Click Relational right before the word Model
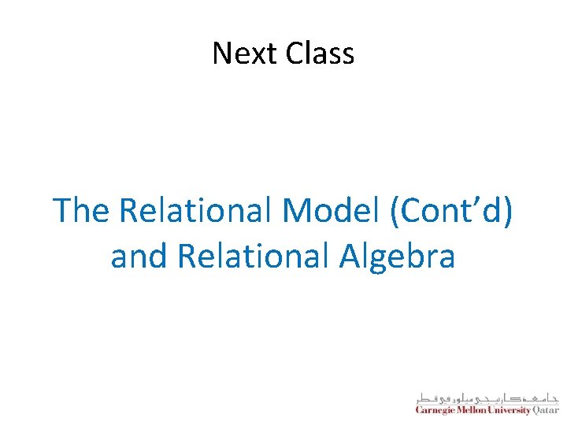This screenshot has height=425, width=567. pyautogui.click(x=197, y=211)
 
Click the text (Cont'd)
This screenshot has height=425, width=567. pyautogui.click(x=449, y=211)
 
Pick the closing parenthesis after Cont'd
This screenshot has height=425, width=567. pyautogui.click(x=509, y=212)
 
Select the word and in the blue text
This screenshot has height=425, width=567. pyautogui.click(x=139, y=256)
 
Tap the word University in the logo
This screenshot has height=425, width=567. pyautogui.click(x=510, y=411)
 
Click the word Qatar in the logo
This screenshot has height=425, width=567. pyautogui.click(x=547, y=411)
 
